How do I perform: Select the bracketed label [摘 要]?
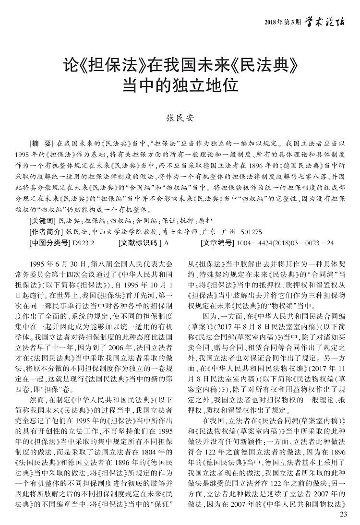pos(42,143)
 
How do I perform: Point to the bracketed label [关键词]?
pos(42,221)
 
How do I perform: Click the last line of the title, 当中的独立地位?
pos(180,84)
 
